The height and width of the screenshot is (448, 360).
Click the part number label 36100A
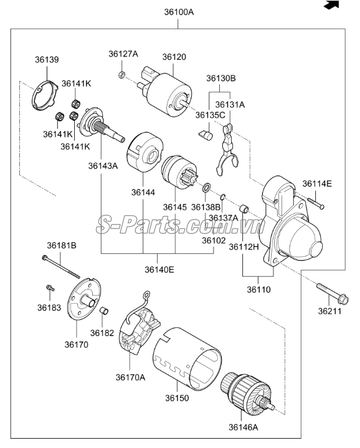tap(178, 11)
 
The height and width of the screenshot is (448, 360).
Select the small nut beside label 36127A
tap(123, 75)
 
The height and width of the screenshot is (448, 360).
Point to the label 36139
tap(47, 60)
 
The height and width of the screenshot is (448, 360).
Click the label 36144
tap(143, 193)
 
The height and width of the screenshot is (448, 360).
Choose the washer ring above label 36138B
tap(206, 187)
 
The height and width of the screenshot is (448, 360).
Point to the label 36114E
tap(318, 184)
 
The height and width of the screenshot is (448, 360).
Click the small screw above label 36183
tap(50, 287)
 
